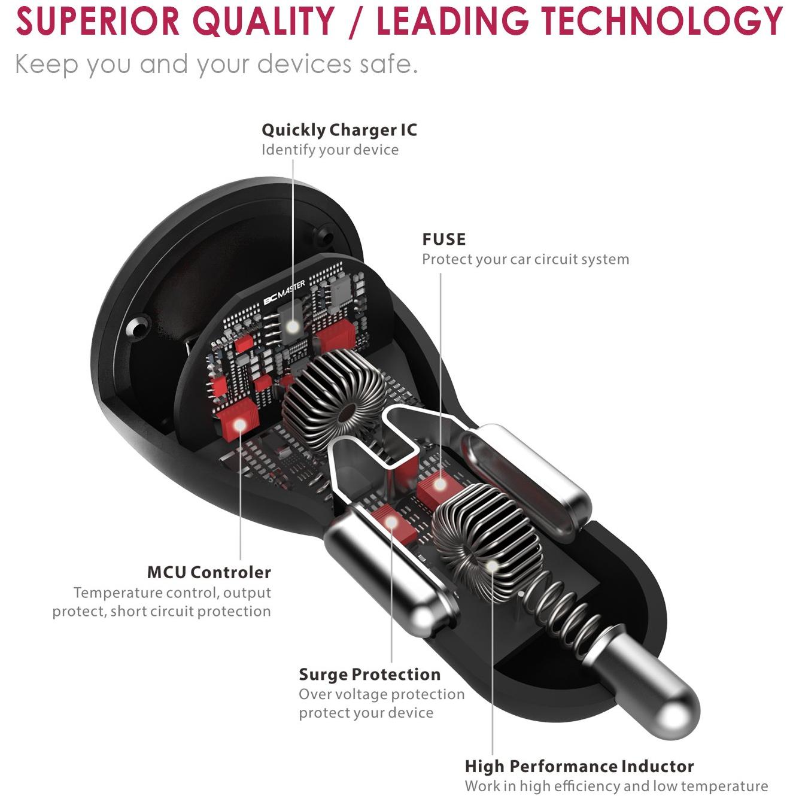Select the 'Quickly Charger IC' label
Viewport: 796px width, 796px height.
click(x=339, y=130)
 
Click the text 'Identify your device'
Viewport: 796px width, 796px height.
click(x=330, y=150)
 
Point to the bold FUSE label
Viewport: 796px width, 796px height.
click(x=443, y=239)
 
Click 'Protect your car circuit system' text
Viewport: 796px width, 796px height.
click(x=525, y=259)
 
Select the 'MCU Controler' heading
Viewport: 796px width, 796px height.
click(x=209, y=572)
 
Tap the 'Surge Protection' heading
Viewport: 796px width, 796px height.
click(x=369, y=675)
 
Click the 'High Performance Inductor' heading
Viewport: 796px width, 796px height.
click(x=579, y=766)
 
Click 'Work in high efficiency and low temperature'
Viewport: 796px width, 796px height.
click(x=616, y=786)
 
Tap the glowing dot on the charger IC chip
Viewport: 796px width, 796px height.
click(x=293, y=327)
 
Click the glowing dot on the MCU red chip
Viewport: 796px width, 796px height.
click(x=240, y=425)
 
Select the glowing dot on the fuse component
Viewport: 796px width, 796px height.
click(x=440, y=484)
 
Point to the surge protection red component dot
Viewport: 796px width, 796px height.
click(x=391, y=522)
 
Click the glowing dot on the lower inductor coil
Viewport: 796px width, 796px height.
click(x=491, y=566)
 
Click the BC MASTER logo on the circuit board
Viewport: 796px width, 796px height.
click(x=284, y=296)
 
